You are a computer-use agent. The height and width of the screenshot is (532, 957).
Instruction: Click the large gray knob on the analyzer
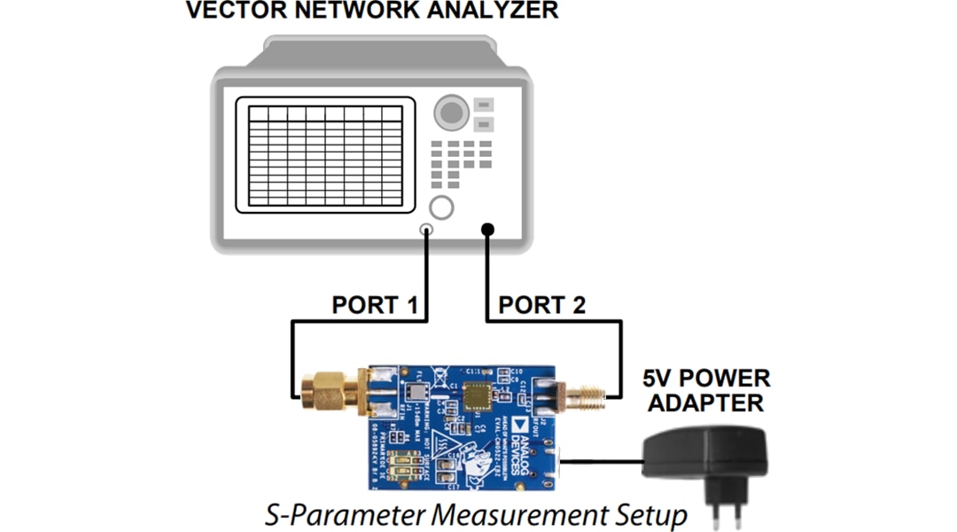451,113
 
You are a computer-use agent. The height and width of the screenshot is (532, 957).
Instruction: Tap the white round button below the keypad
440,207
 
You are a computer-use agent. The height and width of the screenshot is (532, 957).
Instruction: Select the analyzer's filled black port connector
487,230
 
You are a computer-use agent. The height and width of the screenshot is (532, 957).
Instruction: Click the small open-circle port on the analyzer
427,230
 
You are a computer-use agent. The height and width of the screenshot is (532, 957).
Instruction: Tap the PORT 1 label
374,306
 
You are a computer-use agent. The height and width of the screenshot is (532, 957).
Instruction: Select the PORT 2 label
541,306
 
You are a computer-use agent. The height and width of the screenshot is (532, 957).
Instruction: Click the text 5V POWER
706,379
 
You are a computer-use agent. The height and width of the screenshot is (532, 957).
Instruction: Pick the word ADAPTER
706,403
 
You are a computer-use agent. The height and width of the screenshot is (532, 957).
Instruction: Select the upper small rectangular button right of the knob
483,105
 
